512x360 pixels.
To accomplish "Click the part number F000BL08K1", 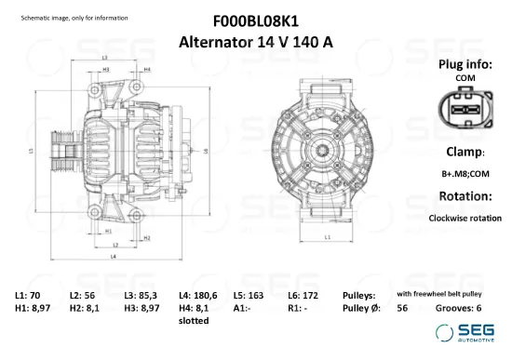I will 255,19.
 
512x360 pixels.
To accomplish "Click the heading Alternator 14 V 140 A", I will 255,41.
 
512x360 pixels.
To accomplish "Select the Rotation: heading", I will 465,196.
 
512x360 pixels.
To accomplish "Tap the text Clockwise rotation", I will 465,219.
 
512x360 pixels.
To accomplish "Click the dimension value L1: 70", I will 28,295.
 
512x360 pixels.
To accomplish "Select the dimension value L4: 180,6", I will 197,295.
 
